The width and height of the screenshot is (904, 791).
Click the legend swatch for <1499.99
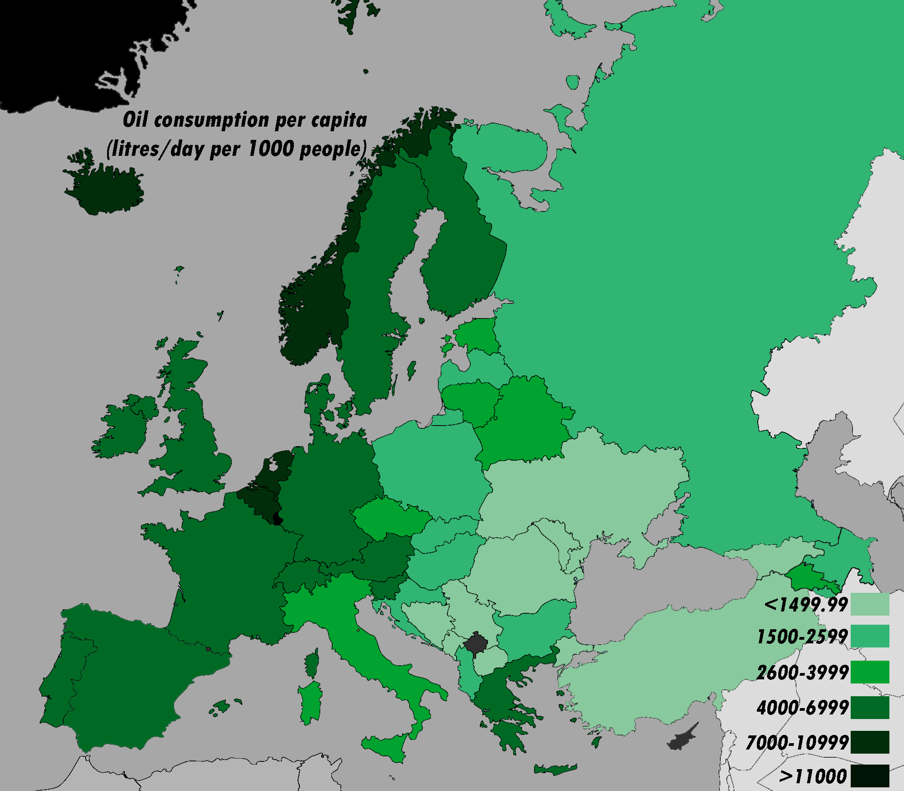tap(870, 604)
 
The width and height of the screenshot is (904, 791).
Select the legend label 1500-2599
tap(802, 637)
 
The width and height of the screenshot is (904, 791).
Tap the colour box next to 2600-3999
tap(870, 672)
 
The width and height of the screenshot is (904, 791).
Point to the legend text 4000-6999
tap(802, 708)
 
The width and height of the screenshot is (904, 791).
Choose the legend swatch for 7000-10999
tap(870, 742)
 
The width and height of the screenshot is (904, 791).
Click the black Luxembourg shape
tap(277, 519)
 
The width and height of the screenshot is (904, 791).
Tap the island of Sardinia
tap(311, 702)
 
